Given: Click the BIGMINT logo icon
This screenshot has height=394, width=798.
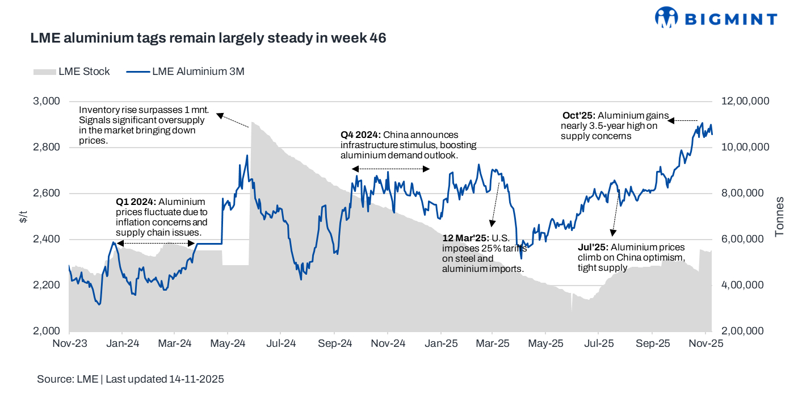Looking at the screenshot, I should coord(667,17).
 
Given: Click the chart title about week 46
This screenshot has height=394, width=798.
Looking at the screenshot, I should coord(208,38).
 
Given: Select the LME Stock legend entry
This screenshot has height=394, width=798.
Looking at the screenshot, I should coord(72,72).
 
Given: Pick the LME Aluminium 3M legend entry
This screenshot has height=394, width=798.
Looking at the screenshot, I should coord(185,72).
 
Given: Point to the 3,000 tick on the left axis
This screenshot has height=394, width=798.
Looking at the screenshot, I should coord(48,101).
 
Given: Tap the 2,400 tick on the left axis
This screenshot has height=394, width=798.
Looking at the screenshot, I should coord(48,239).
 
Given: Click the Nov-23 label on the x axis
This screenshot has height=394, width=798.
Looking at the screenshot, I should coord(69,343).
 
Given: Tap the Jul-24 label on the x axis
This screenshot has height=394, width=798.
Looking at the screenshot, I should coord(281,343).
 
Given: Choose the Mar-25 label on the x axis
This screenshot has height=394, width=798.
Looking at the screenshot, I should coord(493,343).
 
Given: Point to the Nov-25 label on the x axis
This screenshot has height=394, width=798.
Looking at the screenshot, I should coord(705,343).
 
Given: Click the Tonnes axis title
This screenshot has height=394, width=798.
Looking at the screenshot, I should coord(780,216).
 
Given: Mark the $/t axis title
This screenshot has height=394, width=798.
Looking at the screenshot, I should coord(22,216).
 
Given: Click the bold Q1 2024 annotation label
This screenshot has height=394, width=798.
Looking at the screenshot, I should coord(136,202).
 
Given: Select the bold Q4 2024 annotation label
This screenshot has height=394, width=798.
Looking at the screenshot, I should coord(360,135).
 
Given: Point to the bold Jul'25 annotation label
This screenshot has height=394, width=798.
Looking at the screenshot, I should coord(593,248).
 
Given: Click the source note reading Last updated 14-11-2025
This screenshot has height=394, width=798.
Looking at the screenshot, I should coord(165,379).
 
